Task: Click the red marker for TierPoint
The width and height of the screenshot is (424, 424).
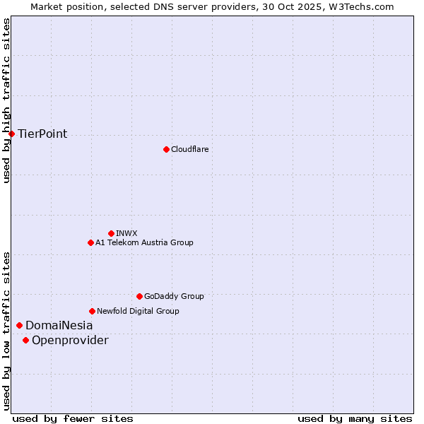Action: point(11,134)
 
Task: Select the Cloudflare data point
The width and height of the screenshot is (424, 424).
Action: point(166,149)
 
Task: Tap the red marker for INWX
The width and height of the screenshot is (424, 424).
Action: point(111,233)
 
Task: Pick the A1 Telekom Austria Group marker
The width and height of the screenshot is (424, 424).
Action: point(90,242)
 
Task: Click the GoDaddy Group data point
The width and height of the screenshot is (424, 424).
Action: point(139,296)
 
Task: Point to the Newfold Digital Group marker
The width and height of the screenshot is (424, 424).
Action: point(92,311)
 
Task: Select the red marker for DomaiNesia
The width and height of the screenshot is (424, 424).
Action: point(19,325)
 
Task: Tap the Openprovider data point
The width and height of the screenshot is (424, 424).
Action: point(25,340)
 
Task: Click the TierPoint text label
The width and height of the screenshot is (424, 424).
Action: point(42,134)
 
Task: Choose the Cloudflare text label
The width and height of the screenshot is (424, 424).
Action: point(189,149)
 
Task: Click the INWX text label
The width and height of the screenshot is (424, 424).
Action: point(126,233)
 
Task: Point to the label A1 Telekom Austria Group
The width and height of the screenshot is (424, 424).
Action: point(144,242)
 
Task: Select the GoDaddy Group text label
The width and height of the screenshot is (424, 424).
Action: point(174,296)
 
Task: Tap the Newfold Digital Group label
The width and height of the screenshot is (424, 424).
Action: point(138,311)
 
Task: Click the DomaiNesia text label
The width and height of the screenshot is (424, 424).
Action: point(59,325)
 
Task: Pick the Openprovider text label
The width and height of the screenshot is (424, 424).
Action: point(70,341)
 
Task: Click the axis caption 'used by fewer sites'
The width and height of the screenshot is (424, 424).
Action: point(73,418)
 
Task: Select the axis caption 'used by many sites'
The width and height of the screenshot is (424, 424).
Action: point(355,418)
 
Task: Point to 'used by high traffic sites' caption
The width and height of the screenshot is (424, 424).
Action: point(6,100)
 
